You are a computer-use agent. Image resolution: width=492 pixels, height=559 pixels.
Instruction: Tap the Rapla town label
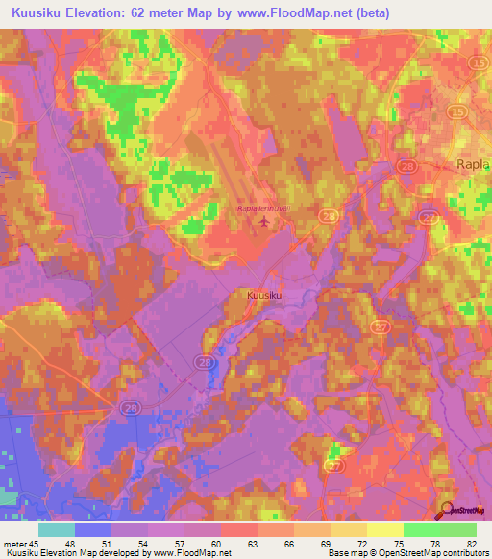click(471, 164)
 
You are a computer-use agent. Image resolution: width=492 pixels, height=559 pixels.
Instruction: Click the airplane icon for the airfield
click(263, 224)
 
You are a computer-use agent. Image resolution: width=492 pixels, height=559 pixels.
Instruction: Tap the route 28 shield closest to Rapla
click(408, 167)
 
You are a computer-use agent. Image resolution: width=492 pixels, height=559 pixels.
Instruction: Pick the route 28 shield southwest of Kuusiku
click(206, 361)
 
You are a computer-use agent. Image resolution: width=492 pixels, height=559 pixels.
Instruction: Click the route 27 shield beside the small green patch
click(333, 465)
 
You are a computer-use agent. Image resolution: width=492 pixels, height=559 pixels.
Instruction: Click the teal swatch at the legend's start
click(57, 529)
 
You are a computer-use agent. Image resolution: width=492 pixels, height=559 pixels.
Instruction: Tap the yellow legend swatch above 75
click(385, 529)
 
